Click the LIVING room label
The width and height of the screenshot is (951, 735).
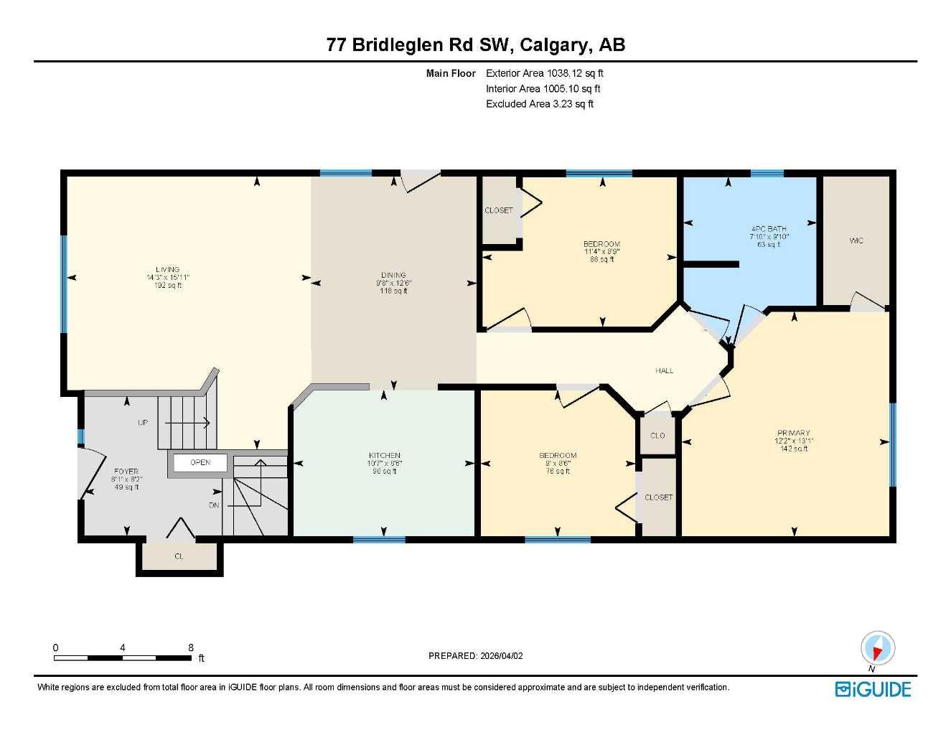point(167,270)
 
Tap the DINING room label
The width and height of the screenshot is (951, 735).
point(393,275)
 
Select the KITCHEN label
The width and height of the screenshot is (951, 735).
point(385,456)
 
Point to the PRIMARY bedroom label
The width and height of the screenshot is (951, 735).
point(793,433)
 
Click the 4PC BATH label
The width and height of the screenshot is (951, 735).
point(768,229)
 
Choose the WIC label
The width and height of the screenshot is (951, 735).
point(856,240)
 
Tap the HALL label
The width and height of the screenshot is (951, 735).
point(664,370)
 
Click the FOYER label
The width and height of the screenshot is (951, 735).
point(126,472)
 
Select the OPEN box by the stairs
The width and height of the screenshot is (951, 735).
point(200,462)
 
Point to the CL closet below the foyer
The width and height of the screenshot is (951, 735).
point(179,556)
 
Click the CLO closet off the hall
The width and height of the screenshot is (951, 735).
point(657,436)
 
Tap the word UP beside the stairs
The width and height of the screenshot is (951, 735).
point(143,423)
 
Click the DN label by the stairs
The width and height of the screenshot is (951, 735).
point(214,505)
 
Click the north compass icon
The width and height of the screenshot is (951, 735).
point(877,650)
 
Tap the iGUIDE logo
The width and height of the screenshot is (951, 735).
point(873,689)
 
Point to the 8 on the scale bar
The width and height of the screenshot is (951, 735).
point(191,647)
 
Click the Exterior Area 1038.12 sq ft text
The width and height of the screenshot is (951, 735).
point(545,73)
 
